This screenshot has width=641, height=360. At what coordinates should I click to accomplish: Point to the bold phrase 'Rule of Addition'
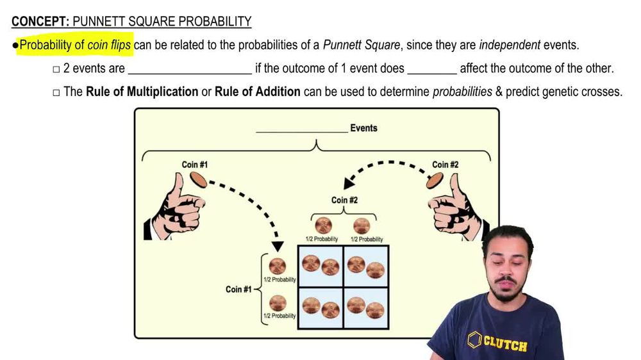pyautogui.click(x=257, y=92)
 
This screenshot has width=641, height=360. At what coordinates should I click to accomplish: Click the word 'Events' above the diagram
pyautogui.click(x=363, y=128)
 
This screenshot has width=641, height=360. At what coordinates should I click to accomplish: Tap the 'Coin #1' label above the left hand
pyautogui.click(x=194, y=165)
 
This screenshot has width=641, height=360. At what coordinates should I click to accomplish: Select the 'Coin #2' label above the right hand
pyautogui.click(x=445, y=165)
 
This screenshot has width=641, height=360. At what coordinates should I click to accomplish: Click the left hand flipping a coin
pyautogui.click(x=175, y=208)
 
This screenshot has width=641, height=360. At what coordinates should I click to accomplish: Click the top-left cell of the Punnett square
pyautogui.click(x=320, y=266)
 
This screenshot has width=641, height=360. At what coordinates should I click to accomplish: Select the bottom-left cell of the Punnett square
pyautogui.click(x=320, y=307)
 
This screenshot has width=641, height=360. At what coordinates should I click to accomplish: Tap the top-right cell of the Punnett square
pyautogui.click(x=366, y=266)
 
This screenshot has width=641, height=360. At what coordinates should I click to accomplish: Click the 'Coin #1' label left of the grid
pyautogui.click(x=238, y=290)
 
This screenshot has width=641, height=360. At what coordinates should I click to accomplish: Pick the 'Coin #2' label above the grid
pyautogui.click(x=344, y=200)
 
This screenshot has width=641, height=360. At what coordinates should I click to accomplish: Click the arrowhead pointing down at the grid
pyautogui.click(x=278, y=246)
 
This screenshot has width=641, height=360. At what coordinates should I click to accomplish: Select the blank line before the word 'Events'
pyautogui.click(x=301, y=130)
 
